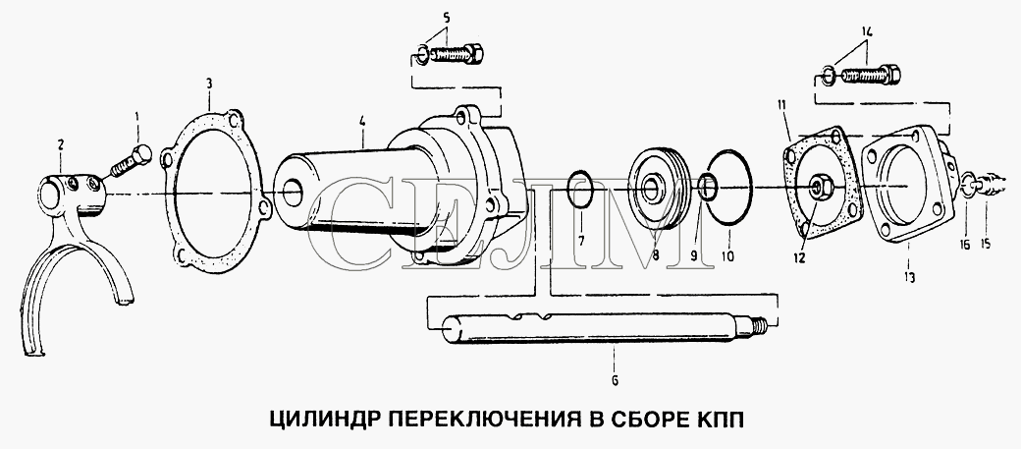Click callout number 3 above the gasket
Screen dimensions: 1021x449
coord(209,84)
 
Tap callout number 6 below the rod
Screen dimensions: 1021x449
coord(615,380)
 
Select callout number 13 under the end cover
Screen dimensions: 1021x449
coord(909,277)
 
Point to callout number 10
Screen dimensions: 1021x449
coord(727,256)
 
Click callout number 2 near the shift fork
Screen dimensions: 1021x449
coord(61,144)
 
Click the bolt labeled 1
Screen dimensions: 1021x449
coord(132,161)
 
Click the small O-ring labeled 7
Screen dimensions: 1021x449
coord(580,189)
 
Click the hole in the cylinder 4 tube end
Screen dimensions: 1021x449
coord(293,190)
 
